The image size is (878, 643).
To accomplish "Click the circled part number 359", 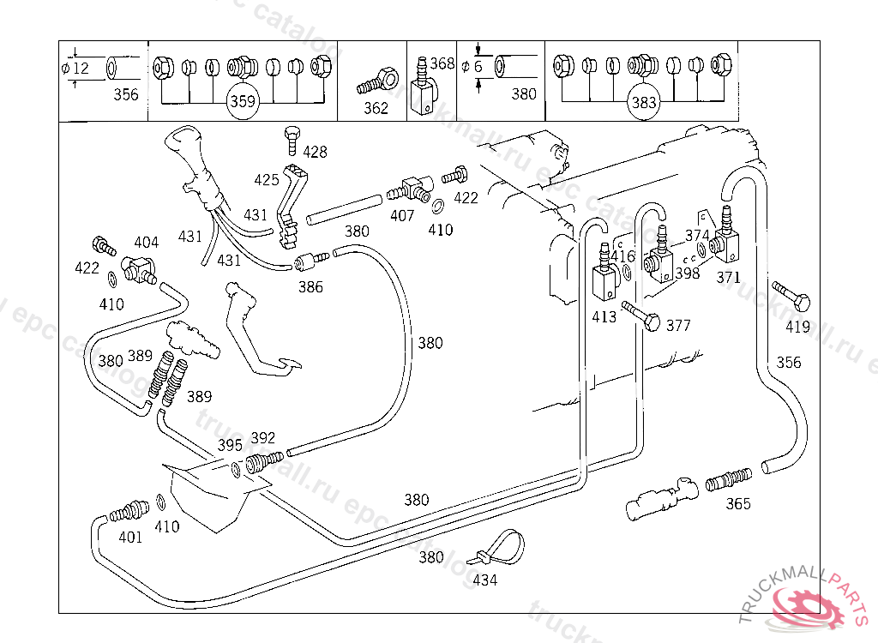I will pos(242,101).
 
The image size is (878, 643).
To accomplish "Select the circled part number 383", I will pos(643,102).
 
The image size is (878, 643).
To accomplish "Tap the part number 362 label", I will pos(376,108).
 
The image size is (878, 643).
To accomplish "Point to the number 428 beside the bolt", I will pos(315,152).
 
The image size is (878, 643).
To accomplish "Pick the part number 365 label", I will pos(738,503).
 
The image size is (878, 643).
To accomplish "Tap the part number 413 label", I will pos(604,317).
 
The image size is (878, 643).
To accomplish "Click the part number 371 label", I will pos(728,277).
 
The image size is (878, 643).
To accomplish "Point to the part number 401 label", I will pos(130,538).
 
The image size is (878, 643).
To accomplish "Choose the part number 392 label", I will pos(262,437).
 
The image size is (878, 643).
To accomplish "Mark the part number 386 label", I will pos(310,287).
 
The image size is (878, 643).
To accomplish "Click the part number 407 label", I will pos(402,215).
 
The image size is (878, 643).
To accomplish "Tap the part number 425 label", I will pos(267,180).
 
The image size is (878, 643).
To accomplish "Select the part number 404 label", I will pos(146,243).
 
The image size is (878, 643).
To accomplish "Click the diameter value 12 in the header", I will pos(81,68).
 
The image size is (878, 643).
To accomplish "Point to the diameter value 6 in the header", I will pos(478,66).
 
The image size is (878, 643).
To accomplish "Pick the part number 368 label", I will pos(442,63).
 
